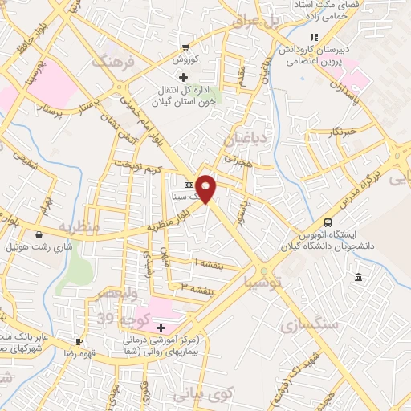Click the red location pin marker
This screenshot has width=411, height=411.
207,188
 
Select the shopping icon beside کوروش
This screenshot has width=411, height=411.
186,47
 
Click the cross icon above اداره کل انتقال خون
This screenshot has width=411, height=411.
183,78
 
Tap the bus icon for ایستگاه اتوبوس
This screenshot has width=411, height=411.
327,222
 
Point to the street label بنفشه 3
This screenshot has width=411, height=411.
195,286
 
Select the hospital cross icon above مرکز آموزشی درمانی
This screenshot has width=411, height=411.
161,328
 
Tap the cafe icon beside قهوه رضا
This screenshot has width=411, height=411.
79,340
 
